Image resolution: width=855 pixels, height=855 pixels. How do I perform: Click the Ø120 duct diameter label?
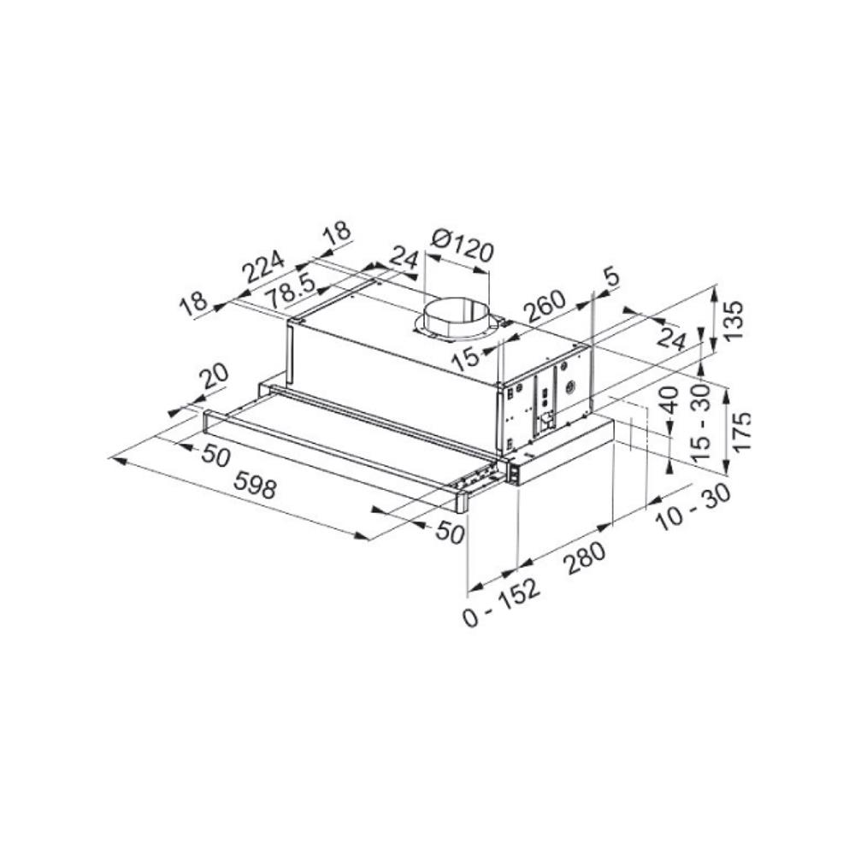(463, 247)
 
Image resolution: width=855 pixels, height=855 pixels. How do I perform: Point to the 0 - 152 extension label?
(502, 604)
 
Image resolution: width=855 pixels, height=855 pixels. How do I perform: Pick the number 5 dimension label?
(610, 276)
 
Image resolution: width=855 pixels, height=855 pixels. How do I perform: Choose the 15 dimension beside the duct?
(467, 357)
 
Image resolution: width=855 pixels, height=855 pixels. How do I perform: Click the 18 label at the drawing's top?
(337, 232)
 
